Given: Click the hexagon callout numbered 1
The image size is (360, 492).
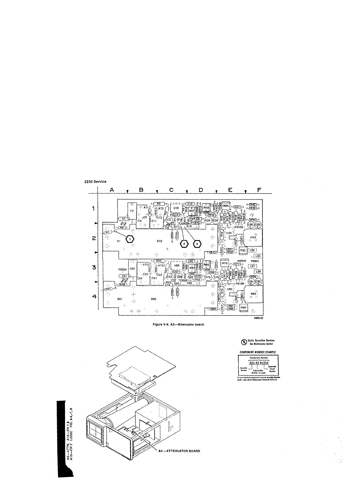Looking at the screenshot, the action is (130, 239).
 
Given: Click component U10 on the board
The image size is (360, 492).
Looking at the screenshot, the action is (176, 208).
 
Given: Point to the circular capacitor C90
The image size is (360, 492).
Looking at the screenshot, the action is (251, 225).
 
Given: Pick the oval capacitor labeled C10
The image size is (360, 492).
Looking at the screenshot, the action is (190, 204).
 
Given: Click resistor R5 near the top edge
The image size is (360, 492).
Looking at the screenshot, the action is (159, 203).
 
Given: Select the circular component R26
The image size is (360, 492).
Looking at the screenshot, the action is (208, 220).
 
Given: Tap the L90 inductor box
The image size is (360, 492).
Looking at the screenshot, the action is (252, 250).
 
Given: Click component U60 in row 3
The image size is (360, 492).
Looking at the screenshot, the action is (176, 266).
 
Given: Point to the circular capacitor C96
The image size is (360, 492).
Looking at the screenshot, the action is (258, 282).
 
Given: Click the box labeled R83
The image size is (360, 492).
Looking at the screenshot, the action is (243, 307).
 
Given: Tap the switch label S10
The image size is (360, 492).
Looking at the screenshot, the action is (159, 241).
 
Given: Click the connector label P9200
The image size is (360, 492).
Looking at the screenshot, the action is (122, 270).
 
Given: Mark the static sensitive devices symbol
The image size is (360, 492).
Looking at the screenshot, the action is (243, 342).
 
